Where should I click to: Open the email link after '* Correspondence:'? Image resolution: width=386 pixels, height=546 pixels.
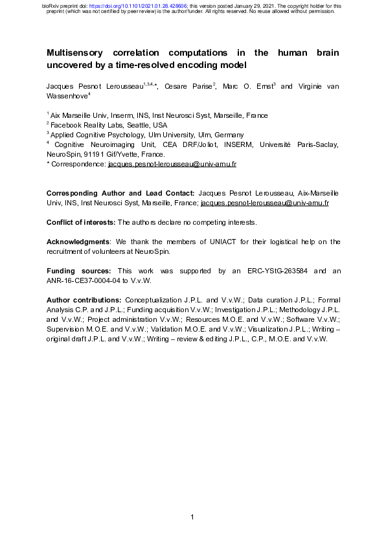click(x=172, y=164)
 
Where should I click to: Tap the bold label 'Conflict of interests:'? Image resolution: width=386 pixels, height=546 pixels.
click(x=81, y=222)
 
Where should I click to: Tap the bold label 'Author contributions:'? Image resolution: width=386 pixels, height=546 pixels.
click(x=84, y=300)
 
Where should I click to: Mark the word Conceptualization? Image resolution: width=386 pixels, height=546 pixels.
click(x=158, y=300)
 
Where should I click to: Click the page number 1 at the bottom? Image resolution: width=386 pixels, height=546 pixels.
click(x=193, y=516)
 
